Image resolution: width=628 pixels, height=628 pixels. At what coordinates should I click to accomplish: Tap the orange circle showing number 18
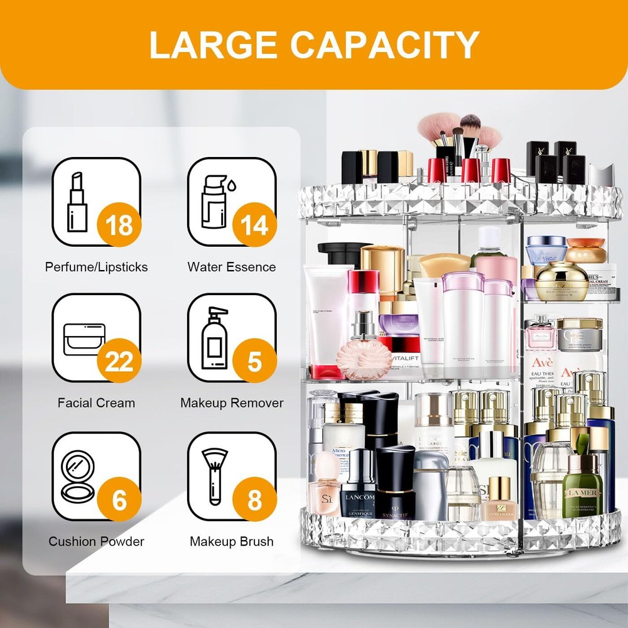pos(119,224)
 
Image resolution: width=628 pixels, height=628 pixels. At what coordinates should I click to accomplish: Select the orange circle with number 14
pos(254,224)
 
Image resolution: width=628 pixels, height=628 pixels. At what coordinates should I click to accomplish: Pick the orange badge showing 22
pos(119,362)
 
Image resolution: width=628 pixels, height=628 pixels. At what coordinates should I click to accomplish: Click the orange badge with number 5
pos(254,362)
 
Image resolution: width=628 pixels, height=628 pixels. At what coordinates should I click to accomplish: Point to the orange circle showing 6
pos(119,500)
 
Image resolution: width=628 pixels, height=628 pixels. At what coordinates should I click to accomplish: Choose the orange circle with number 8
pos(254,500)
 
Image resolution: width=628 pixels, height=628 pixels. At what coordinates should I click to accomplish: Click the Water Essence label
pos(231,267)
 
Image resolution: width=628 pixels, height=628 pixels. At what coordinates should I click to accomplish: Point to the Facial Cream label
pos(96,403)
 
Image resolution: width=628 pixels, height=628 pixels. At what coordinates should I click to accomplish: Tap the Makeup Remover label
pos(232,403)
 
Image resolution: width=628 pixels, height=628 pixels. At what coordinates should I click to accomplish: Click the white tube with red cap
pos(327,320)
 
